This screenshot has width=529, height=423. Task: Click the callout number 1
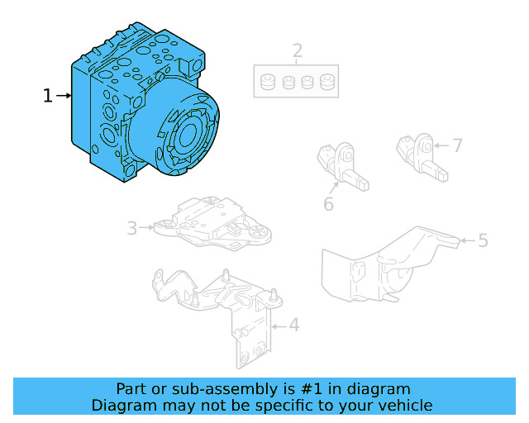[48, 96]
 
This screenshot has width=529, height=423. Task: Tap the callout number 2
[298, 51]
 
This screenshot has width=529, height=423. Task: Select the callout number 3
[132, 228]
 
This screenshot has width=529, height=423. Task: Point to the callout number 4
[294, 326]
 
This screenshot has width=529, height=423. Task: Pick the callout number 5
[483, 240]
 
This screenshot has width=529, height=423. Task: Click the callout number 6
[328, 204]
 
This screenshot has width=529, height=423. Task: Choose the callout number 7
[457, 145]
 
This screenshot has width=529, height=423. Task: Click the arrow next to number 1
[64, 96]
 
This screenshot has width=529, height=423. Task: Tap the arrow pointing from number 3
[146, 228]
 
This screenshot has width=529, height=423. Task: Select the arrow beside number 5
[469, 240]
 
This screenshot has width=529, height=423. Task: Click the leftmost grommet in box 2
[268, 82]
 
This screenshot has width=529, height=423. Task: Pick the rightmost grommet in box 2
[327, 82]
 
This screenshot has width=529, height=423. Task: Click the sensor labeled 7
[422, 157]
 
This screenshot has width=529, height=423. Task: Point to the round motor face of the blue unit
[189, 134]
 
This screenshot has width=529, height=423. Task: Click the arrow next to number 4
[279, 326]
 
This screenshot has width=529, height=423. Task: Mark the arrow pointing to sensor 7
[441, 145]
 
